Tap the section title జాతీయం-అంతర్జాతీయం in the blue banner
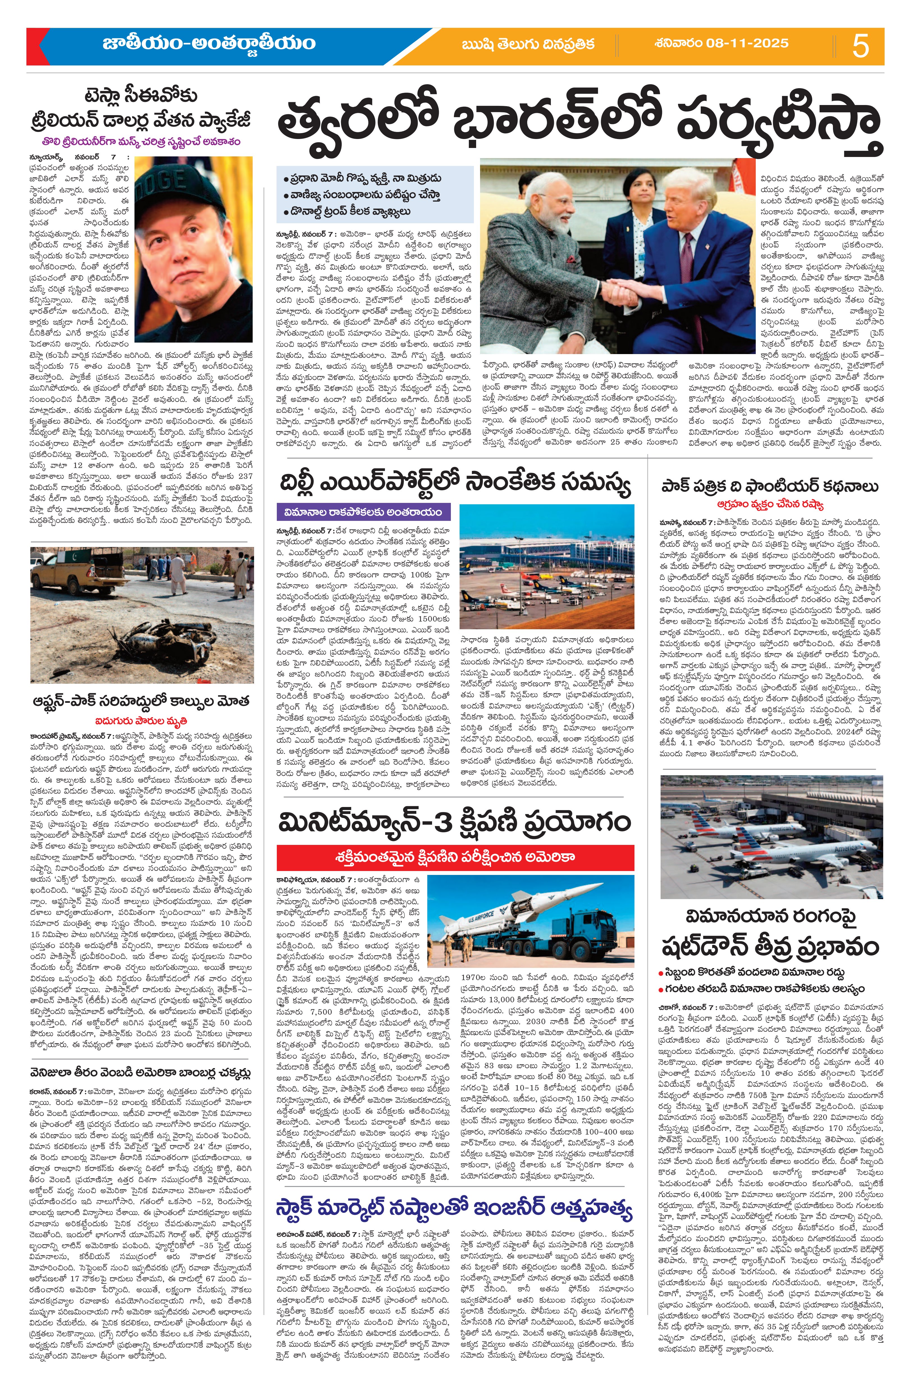[209, 44]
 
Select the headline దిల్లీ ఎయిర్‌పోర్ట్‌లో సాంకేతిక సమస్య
[455, 484]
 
